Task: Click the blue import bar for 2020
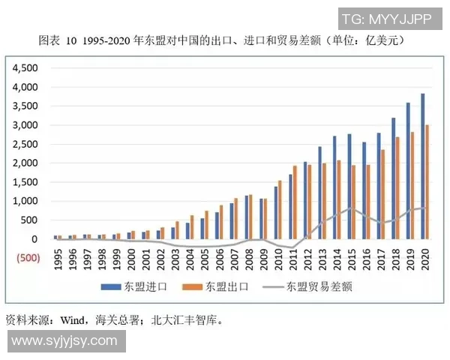(x=422, y=166)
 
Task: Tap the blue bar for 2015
(x=349, y=187)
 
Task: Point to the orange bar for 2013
(x=324, y=201)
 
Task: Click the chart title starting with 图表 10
(x=225, y=39)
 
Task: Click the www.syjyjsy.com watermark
(x=64, y=341)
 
